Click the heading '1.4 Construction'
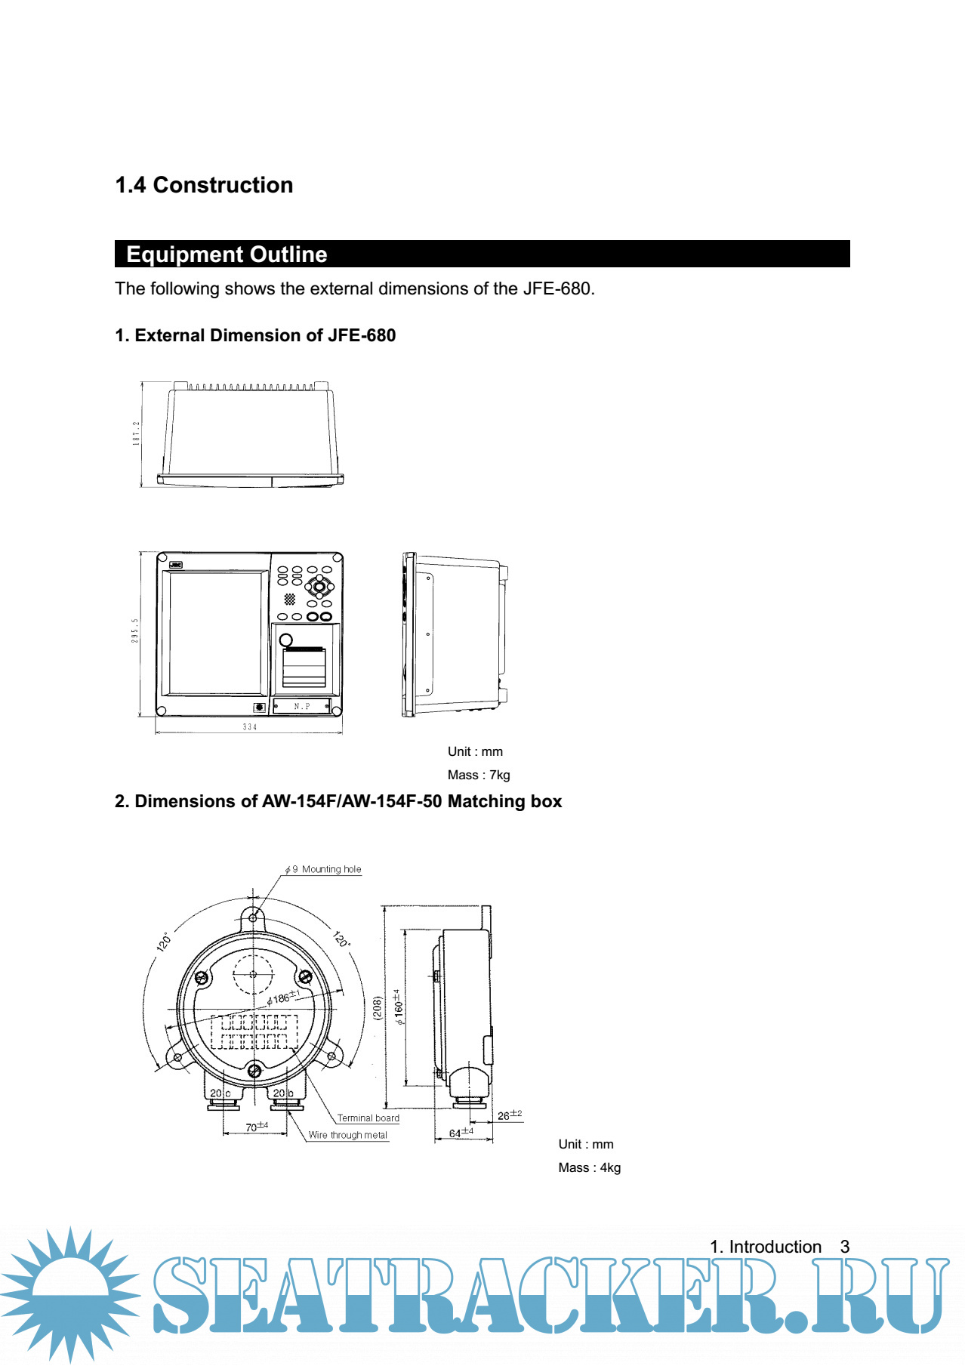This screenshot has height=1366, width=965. click(x=204, y=185)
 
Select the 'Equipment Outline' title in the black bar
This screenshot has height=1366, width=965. click(x=227, y=254)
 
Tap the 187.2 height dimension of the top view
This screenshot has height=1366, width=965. click(x=136, y=433)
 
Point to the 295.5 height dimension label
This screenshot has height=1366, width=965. click(x=135, y=631)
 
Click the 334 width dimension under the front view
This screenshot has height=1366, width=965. click(x=250, y=727)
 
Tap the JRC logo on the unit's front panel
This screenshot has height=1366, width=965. click(x=175, y=565)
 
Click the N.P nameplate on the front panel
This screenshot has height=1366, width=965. click(x=302, y=707)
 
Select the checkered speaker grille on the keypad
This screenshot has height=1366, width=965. click(x=290, y=599)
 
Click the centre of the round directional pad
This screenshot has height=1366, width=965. click(x=319, y=586)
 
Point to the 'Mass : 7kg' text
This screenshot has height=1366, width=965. click(x=479, y=775)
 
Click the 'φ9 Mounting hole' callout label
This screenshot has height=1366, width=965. click(x=323, y=869)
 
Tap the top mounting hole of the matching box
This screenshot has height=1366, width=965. click(x=253, y=918)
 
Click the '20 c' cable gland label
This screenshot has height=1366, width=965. click(x=220, y=1093)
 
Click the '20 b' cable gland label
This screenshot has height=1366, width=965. click(x=283, y=1093)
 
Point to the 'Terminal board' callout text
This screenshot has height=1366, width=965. click(x=368, y=1118)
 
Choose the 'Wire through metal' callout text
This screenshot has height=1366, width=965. click(x=348, y=1135)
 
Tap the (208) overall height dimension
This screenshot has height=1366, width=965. click(x=378, y=1007)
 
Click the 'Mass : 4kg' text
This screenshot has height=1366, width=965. click(x=590, y=1167)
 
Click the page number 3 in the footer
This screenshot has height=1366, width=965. click(x=845, y=1247)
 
